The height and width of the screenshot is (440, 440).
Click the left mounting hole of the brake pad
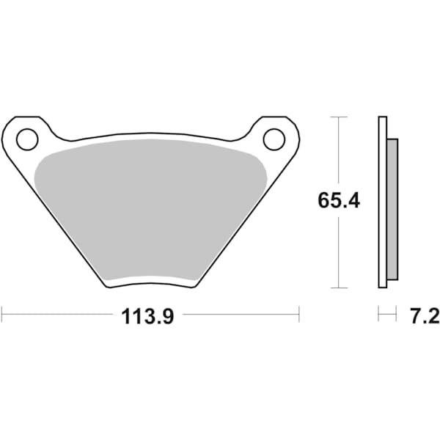click(27, 137)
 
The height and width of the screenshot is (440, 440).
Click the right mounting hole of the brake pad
click(273, 137)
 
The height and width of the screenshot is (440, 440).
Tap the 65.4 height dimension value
click(339, 200)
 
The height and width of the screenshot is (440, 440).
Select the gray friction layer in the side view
click(392, 209)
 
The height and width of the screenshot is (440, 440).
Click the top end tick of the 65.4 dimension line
click(337, 117)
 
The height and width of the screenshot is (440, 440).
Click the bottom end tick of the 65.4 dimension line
click(337, 287)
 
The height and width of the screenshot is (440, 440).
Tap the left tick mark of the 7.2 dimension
click(378, 315)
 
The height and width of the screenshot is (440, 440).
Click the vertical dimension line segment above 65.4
click(337, 154)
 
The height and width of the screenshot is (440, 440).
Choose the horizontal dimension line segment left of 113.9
click(59, 315)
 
